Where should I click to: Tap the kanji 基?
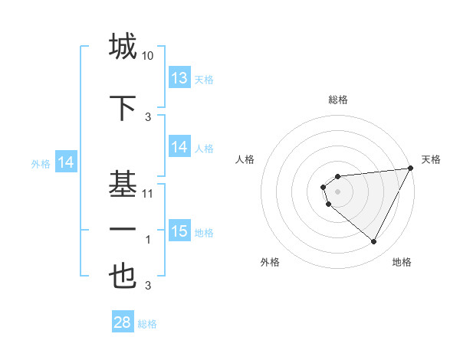coord(123,185)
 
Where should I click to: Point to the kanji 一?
coord(123,229)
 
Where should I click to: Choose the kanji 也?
coord(123,277)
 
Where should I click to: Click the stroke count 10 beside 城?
coord(148,56)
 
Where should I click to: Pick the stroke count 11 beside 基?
coord(148,194)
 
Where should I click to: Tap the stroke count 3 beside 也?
coord(148,286)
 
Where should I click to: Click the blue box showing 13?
coord(179,78)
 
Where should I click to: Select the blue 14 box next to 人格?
coord(179,147)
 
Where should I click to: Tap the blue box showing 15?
coord(179,231)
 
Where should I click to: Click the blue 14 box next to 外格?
coord(66,162)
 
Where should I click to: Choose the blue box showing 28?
coord(122,322)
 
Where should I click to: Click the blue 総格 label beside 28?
coord(147,324)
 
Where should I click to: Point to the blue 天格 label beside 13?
coord(204,79)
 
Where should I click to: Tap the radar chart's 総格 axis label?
coord(337,100)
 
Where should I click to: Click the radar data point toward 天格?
coord(411,169)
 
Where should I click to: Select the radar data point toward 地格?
coord(373,241)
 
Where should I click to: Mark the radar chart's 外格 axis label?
coord(271,262)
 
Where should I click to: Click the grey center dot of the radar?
coord(337,191)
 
